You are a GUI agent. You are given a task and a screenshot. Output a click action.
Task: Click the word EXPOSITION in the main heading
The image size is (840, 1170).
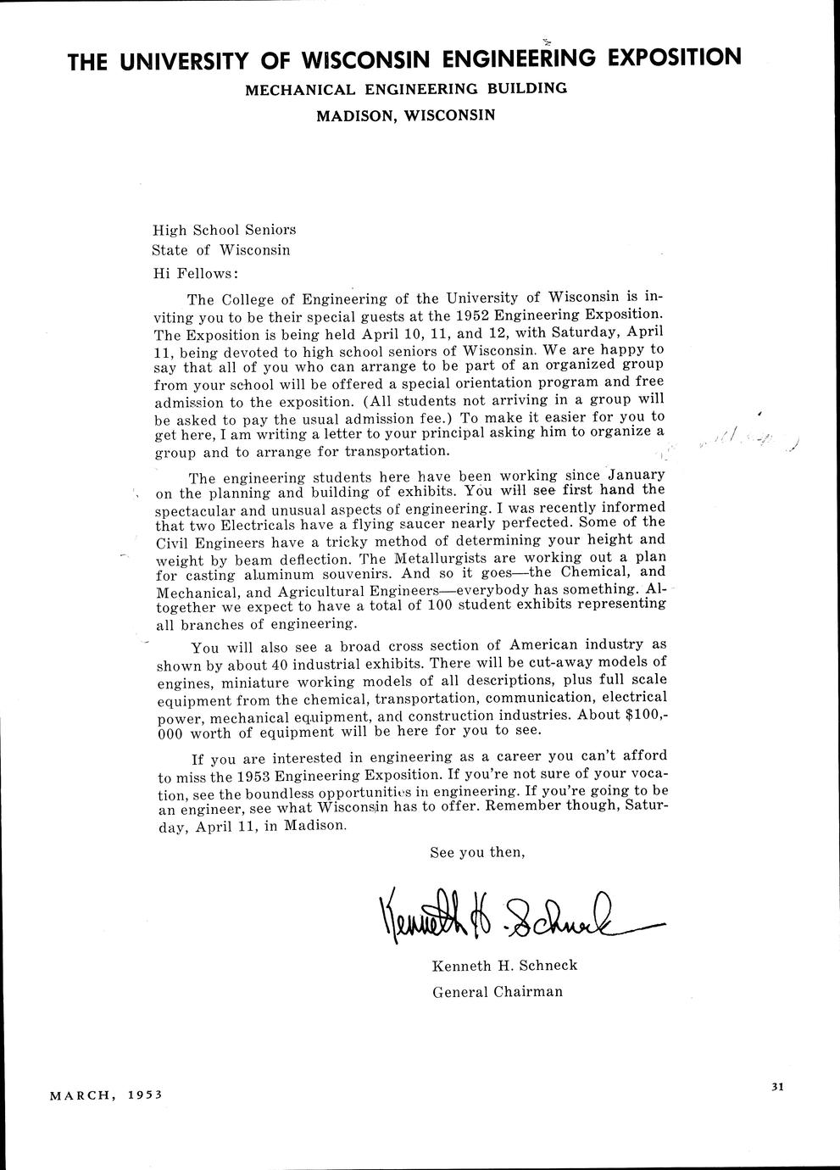676,57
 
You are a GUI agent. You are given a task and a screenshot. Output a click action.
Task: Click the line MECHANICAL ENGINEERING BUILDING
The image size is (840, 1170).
406,88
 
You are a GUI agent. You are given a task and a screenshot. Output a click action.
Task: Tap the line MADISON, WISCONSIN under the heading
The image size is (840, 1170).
405,114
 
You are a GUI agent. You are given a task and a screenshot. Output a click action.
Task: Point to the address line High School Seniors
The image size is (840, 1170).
224,230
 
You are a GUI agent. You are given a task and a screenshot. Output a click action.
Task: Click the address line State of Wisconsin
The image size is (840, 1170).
220,250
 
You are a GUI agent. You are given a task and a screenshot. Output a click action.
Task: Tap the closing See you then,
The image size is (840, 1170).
477,852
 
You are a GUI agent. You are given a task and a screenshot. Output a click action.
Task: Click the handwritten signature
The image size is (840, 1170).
509,918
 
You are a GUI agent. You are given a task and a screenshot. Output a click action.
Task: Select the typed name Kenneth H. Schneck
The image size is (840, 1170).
504,966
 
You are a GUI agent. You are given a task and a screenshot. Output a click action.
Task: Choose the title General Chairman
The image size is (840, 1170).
498,991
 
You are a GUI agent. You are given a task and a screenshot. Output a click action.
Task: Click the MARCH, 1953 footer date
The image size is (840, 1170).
106,1095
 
